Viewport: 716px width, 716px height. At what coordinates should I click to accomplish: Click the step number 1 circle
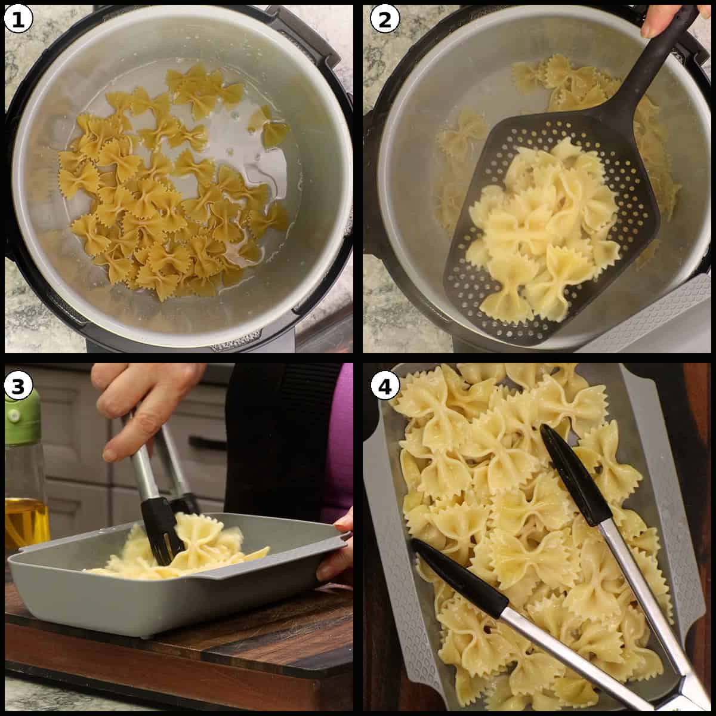[x=18, y=20]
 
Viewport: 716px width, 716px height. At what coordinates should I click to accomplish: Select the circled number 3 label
[x=18, y=386]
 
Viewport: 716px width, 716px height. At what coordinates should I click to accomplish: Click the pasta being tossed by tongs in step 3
[x=209, y=546]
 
